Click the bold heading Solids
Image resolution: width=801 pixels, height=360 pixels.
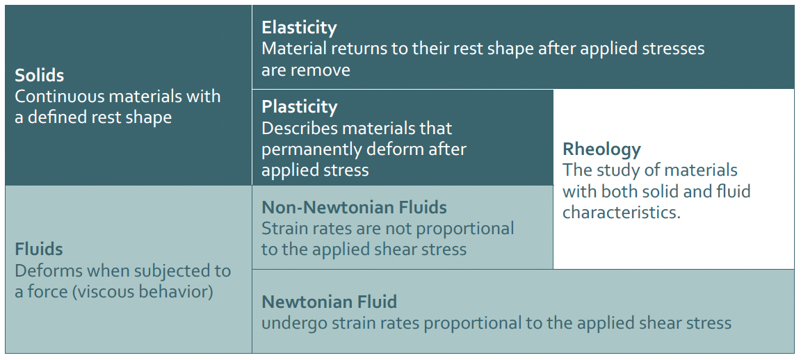click(40, 76)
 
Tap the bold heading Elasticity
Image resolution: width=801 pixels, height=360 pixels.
click(299, 28)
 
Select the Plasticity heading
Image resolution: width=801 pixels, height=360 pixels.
click(300, 107)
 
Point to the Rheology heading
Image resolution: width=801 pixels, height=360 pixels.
click(601, 149)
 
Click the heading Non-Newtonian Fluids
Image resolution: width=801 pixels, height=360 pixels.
click(354, 207)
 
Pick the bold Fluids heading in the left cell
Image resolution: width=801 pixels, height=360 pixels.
click(39, 249)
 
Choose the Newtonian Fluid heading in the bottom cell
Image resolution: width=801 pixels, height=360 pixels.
click(329, 302)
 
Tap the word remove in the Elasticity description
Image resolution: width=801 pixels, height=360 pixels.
click(321, 70)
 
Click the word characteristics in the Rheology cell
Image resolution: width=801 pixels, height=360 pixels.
click(622, 212)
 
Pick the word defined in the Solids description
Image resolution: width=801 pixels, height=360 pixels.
click(56, 117)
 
